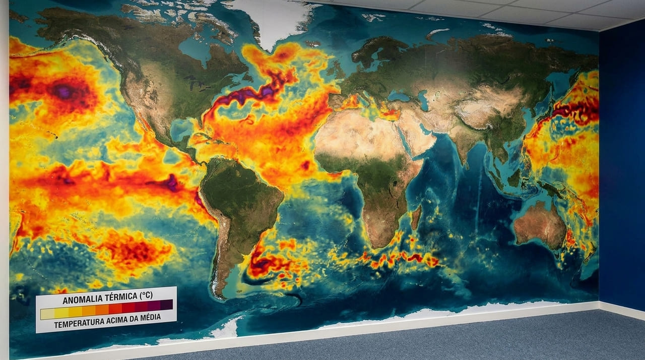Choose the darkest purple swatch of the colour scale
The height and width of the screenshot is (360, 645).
click(x=167, y=305)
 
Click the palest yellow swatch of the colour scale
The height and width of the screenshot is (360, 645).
click(x=47, y=314)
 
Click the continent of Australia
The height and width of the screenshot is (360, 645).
click(x=539, y=225)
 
